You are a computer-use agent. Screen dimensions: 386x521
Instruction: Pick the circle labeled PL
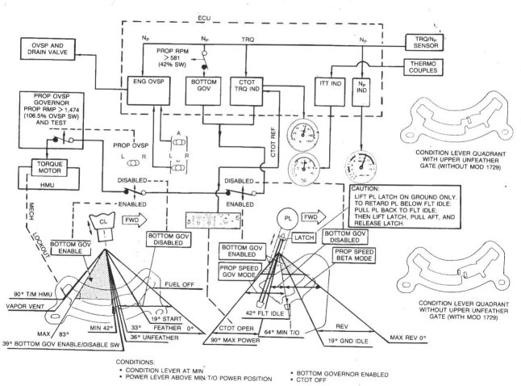pos(287,219)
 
